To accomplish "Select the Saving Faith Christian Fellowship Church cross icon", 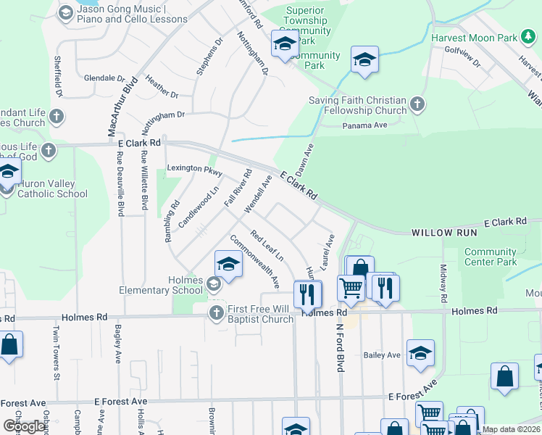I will point(417,105).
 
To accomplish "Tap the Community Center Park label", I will point(491,257).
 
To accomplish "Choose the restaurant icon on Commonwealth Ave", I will point(308,293).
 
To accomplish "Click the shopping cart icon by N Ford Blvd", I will point(351,288).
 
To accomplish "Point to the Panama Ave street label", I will point(366,125).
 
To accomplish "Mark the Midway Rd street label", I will point(443,283).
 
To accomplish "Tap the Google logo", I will point(24,426).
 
